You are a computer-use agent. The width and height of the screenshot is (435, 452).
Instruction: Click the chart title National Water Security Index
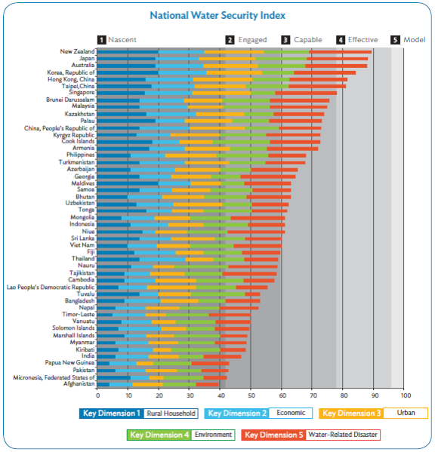[x=217, y=15]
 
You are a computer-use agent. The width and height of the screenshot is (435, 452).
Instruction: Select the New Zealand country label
[x=77, y=51]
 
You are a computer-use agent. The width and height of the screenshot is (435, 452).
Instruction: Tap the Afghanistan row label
[x=79, y=383]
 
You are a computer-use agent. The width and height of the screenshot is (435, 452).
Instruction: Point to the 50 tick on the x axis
[x=251, y=395]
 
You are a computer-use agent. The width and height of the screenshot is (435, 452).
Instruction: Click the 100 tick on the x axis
[x=405, y=395]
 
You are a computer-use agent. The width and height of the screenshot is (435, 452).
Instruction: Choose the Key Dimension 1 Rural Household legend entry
[x=139, y=414]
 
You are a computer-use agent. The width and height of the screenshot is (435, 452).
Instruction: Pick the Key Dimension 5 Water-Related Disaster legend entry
[x=311, y=435]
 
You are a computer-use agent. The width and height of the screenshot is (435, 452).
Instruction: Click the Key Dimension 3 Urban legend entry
[x=373, y=413]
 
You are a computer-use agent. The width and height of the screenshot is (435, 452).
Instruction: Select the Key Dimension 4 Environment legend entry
[x=180, y=435]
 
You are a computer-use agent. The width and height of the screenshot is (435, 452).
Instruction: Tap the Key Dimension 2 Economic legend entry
[x=258, y=413]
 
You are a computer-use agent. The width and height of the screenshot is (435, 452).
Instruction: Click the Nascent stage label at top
[x=122, y=40]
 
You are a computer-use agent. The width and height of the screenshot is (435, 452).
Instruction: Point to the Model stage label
[x=414, y=40]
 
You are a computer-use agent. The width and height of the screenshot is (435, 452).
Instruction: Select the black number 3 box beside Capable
[x=285, y=40]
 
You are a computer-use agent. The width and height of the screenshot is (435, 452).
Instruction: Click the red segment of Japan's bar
[x=338, y=59]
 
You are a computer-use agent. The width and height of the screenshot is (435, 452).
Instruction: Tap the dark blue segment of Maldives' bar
[x=128, y=183]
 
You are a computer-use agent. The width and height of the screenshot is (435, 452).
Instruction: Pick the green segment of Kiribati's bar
[x=196, y=350]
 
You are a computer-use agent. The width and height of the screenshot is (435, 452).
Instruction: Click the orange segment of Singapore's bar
[x=221, y=93]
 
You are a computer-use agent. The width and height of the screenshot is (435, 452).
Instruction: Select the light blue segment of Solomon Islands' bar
[x=140, y=328]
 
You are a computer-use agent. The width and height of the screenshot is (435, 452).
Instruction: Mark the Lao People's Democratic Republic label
[x=51, y=287]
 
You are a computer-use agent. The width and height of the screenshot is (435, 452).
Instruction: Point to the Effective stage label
[x=362, y=40]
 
